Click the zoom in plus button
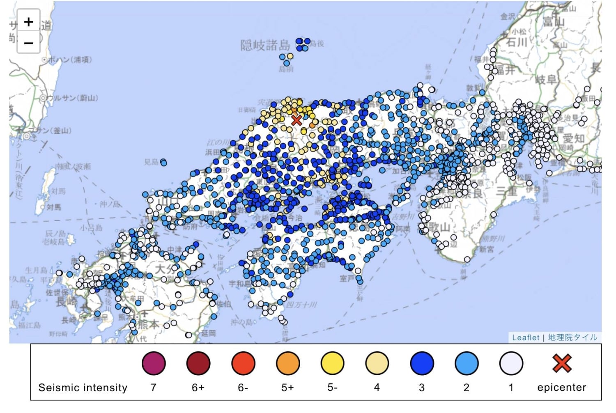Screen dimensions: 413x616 [28, 22]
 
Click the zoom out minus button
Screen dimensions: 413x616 [28, 43]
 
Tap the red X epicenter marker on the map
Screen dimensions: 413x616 [297, 120]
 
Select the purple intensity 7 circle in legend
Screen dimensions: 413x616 [154, 363]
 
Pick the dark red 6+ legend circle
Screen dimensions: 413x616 [198, 363]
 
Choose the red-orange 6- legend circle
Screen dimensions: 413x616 [243, 363]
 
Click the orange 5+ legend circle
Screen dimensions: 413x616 [288, 363]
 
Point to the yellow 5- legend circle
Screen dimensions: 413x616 [333, 363]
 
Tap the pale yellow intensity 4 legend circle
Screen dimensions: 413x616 [377, 363]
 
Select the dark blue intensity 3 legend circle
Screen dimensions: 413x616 [422, 363]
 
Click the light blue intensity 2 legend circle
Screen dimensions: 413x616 [467, 363]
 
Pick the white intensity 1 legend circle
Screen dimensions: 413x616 [511, 363]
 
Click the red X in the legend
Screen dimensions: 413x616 [562, 363]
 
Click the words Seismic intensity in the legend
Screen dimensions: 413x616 [83, 388]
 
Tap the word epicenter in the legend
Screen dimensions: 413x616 [561, 388]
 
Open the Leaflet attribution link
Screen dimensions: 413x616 [525, 337]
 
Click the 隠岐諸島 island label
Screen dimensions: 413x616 [265, 45]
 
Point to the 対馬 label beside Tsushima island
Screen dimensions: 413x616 [53, 207]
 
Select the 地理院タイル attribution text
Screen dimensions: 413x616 [572, 337]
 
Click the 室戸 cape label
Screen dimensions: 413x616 [347, 279]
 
